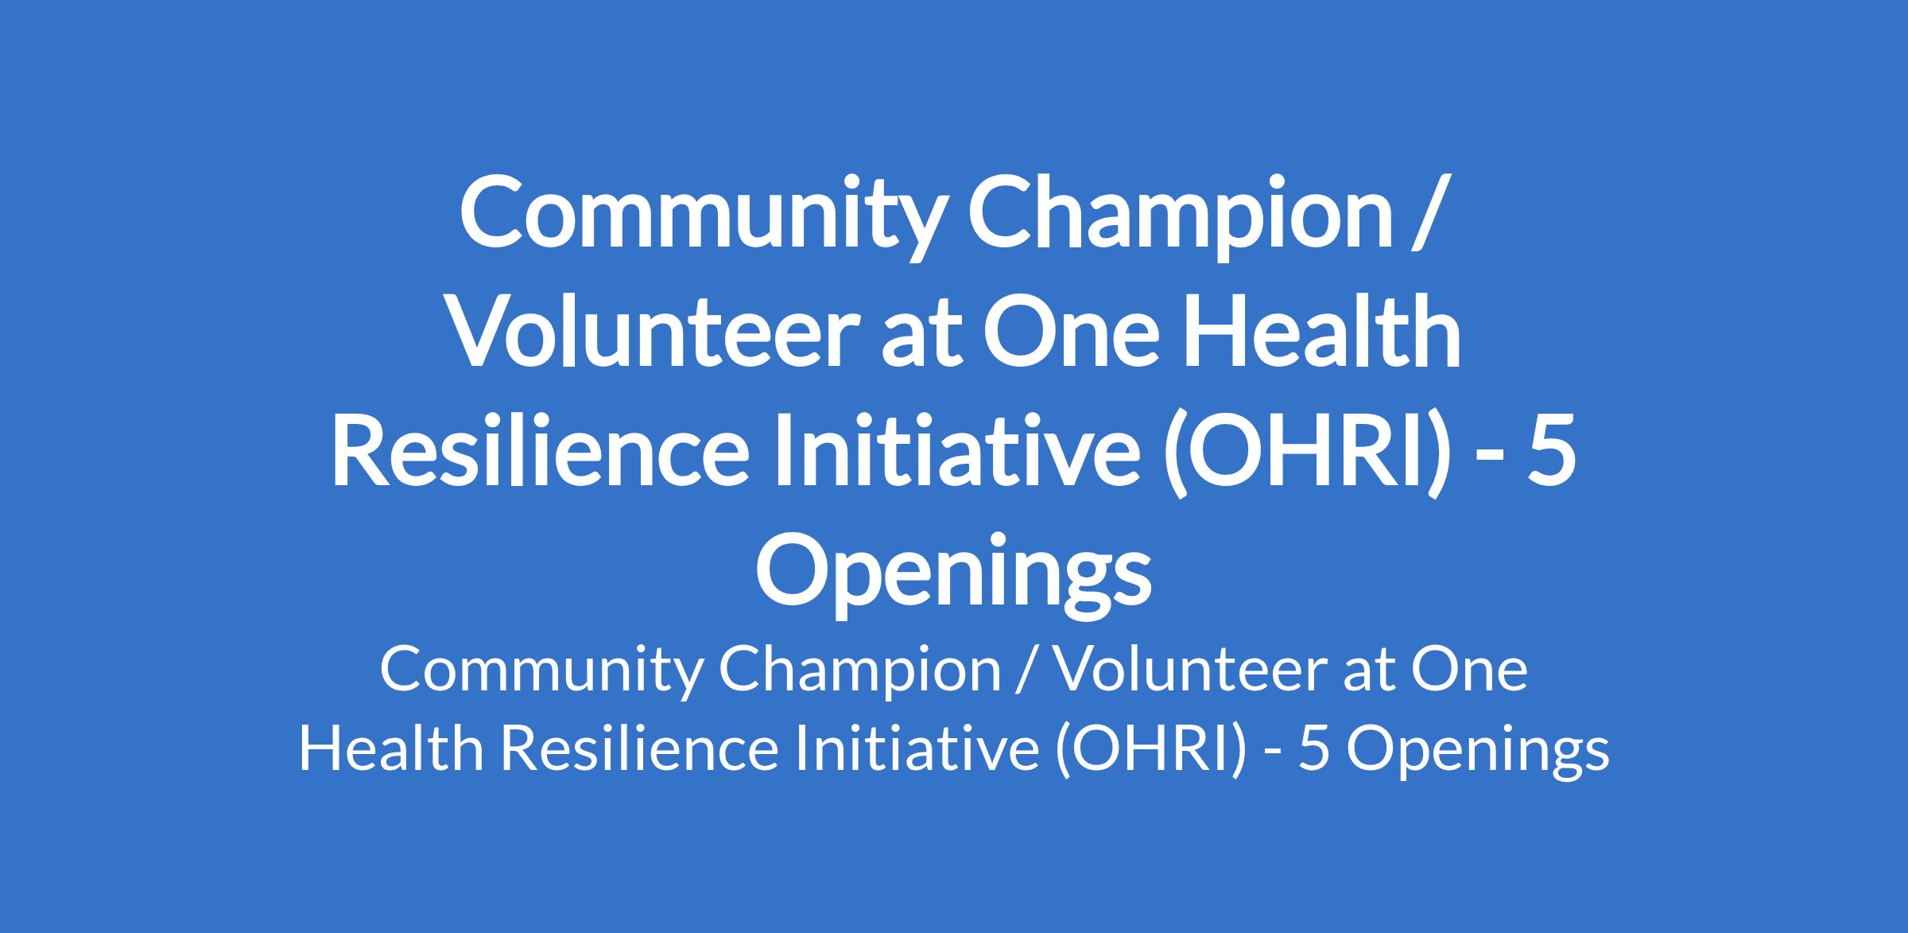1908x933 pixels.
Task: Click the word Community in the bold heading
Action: click(698, 218)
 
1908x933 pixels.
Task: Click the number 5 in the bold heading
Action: click(1557, 452)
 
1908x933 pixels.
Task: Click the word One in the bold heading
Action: click(1065, 332)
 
